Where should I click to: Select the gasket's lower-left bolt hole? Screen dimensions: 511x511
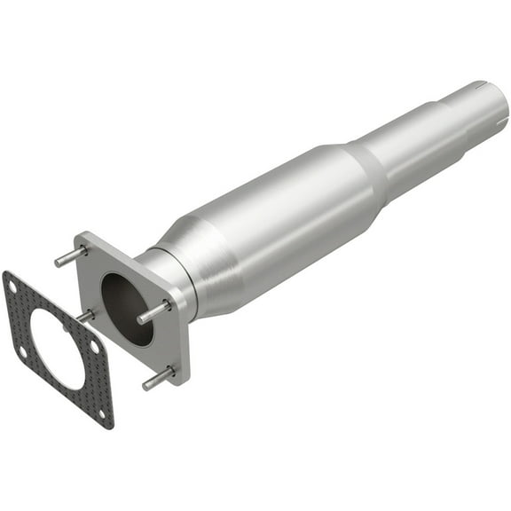[22, 351]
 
